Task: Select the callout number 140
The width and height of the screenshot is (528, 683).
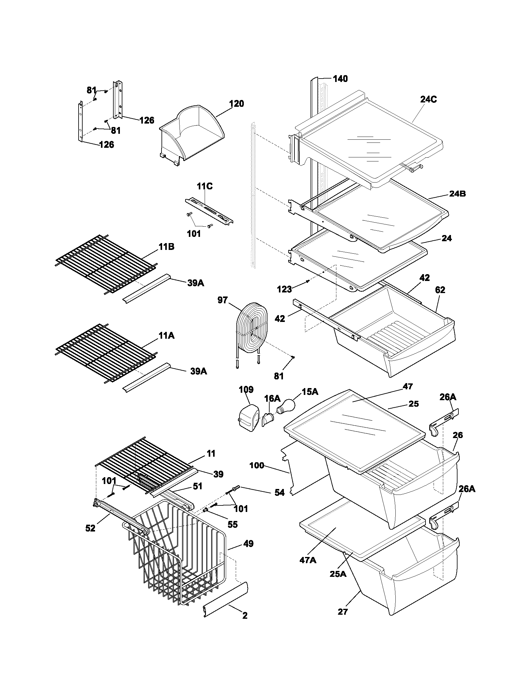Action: (340, 79)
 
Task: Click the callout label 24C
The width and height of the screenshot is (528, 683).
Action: (429, 99)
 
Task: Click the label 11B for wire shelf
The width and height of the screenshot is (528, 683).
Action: (166, 247)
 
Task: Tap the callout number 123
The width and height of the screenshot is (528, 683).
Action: (284, 289)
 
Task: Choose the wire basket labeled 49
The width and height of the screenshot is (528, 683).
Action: (175, 550)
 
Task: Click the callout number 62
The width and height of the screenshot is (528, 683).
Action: (440, 290)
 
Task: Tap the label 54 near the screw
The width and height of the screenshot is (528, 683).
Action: (279, 493)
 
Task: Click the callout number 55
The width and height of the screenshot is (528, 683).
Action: (232, 524)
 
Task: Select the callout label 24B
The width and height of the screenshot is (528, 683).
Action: (457, 194)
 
